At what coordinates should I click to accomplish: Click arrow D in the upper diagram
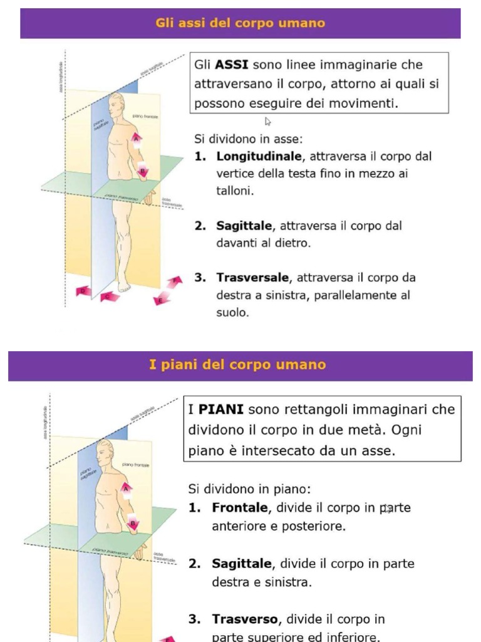click(x=83, y=291)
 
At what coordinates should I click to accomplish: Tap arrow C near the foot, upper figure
click(x=110, y=297)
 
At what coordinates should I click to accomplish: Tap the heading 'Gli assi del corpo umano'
click(x=240, y=23)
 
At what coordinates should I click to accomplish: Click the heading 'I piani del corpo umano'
click(x=237, y=364)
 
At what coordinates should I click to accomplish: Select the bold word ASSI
click(x=232, y=65)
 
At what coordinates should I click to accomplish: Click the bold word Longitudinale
click(x=259, y=156)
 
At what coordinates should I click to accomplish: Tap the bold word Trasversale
click(x=253, y=277)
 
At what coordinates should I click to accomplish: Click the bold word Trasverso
click(x=244, y=619)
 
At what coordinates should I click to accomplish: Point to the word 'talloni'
click(x=235, y=191)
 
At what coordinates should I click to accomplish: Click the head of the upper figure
click(x=116, y=104)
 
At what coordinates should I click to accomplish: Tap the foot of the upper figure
click(x=124, y=287)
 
